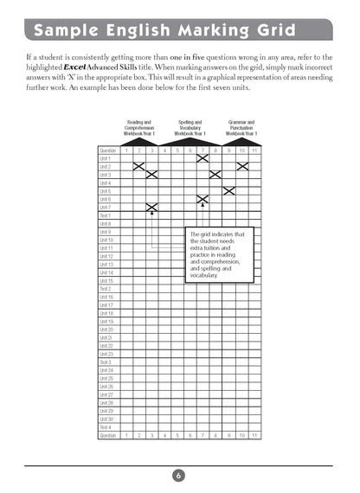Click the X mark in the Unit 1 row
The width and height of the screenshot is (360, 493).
(x=202, y=158)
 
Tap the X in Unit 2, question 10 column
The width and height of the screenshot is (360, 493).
(x=241, y=166)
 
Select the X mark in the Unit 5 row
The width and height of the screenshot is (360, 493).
(x=228, y=190)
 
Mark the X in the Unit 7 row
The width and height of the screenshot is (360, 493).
(x=151, y=207)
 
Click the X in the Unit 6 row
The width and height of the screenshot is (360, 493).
(x=202, y=199)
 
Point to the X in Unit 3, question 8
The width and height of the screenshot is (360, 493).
(x=215, y=175)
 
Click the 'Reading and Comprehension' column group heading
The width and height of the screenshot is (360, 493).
(x=139, y=129)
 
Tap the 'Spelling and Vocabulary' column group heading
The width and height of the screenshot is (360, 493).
(x=190, y=129)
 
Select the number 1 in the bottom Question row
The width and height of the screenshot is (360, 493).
(x=126, y=435)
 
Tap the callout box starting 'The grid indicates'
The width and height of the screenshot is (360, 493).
(x=222, y=255)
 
